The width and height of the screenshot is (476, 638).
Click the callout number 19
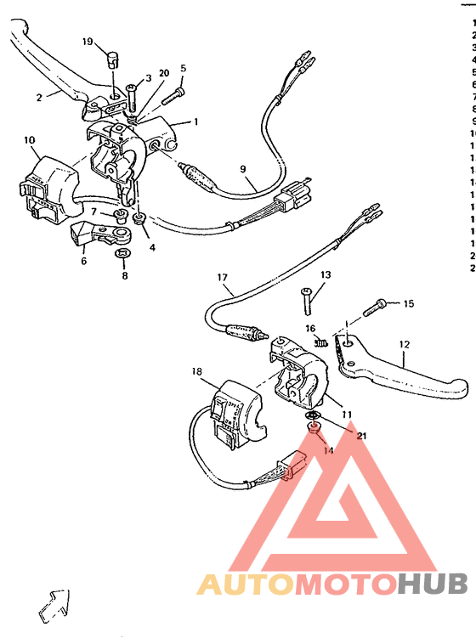[88, 42]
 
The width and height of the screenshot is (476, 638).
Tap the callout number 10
[29, 139]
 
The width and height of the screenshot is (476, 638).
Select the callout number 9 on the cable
[242, 169]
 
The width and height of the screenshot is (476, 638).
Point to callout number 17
[223, 277]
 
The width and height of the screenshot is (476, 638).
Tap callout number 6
[83, 262]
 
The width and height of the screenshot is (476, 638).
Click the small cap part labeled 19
[110, 59]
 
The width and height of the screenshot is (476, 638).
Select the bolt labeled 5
[173, 95]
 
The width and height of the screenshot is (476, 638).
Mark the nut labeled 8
[124, 253]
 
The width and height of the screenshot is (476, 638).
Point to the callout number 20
[163, 73]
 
